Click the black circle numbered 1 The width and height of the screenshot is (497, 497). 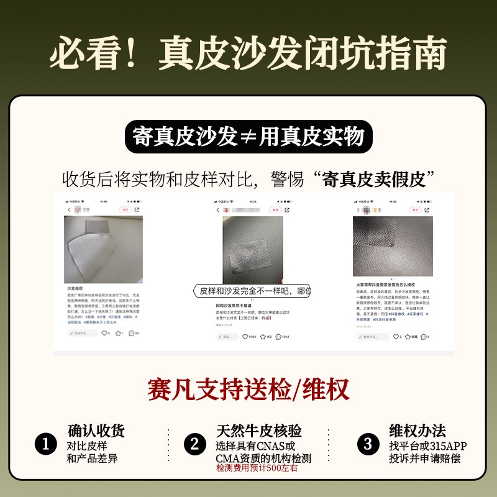(x=45, y=444)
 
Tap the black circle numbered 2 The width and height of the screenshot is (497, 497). (x=194, y=444)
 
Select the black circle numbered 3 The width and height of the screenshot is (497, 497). (x=368, y=444)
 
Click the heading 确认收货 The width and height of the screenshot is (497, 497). (x=96, y=431)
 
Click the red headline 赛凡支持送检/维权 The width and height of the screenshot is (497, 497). (x=248, y=389)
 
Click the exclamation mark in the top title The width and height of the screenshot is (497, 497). (x=132, y=55)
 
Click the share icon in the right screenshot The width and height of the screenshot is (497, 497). (x=427, y=210)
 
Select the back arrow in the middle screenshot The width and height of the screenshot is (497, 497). (x=217, y=210)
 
